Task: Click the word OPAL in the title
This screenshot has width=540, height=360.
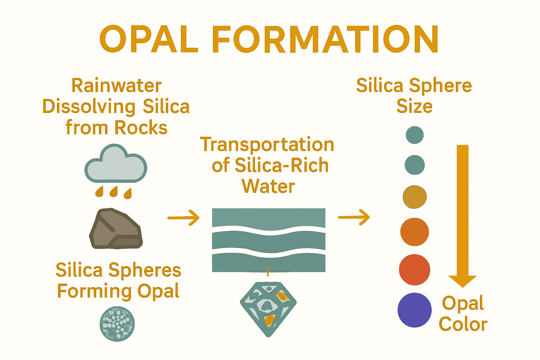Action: coord(149,39)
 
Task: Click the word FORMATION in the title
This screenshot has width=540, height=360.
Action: coord(326,39)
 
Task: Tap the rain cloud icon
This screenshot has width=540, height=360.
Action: coord(116,163)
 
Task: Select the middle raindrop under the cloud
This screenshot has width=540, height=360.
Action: coord(114,192)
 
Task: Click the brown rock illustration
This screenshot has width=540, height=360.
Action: coord(116,229)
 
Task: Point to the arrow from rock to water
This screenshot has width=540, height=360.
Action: coord(184,218)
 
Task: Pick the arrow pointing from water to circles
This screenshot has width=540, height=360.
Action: coord(354,217)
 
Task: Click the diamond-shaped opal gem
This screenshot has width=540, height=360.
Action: coord(268,309)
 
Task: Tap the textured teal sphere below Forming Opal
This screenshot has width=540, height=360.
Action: coord(117,324)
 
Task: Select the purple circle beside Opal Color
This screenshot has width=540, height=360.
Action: coord(414,310)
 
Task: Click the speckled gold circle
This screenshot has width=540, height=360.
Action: coord(414,197)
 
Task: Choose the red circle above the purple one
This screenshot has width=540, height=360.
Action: coord(414,270)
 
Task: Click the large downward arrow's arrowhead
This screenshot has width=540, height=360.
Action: coord(463,281)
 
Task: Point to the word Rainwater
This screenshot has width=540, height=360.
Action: coord(117,85)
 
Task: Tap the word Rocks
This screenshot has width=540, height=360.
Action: coord(141,127)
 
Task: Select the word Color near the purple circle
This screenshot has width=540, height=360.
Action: coord(463,324)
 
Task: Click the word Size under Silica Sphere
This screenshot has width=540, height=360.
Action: coord(414,106)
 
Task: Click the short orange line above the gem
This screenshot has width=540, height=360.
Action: coord(268,271)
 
